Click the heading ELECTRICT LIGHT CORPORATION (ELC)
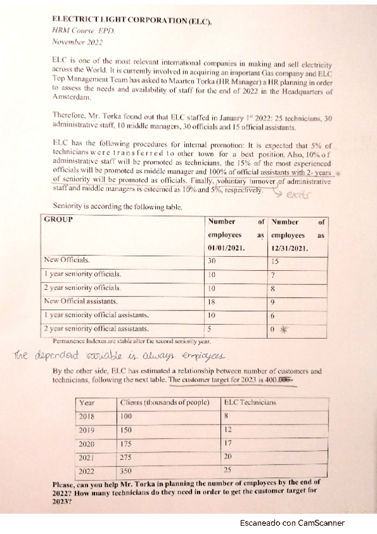[132, 23]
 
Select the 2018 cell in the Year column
[88, 416]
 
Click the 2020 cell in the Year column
[88, 443]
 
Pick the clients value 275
[127, 457]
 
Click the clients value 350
[127, 470]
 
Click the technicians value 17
[229, 443]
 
